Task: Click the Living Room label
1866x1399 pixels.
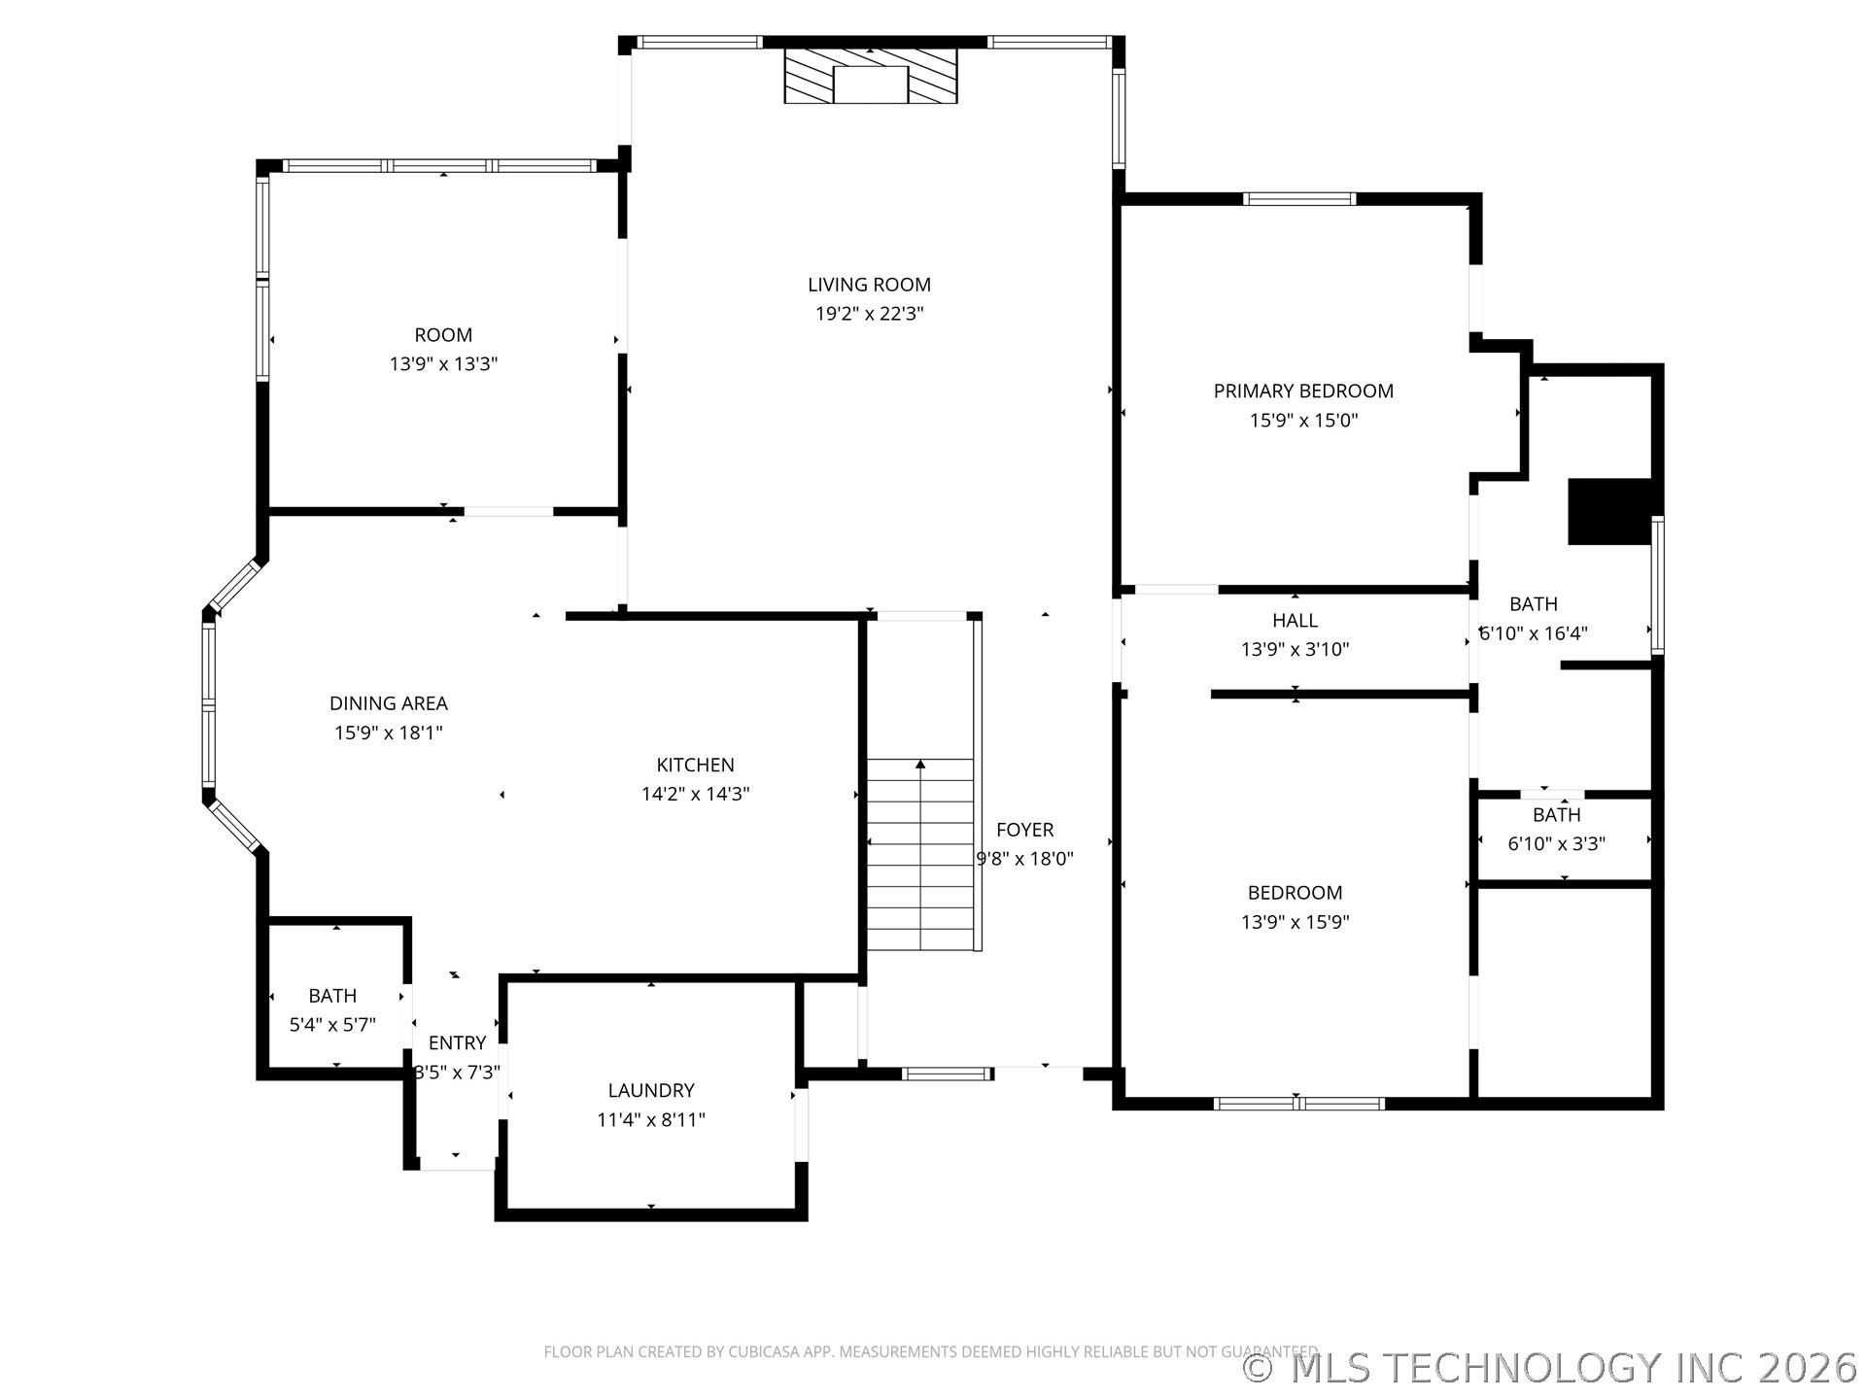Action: [869, 285]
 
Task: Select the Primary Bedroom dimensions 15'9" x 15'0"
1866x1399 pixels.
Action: [1303, 421]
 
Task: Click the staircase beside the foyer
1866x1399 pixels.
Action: [920, 855]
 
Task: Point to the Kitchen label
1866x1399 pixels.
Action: [695, 766]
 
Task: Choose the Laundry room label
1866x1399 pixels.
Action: [651, 1091]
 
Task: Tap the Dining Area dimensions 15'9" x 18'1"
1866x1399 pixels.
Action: [389, 733]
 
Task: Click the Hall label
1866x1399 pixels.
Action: [1295, 621]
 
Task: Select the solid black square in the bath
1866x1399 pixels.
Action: [1609, 511]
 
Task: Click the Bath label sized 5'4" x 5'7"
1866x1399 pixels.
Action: [332, 996]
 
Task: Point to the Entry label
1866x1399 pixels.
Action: [457, 1043]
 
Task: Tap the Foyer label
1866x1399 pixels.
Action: [1024, 830]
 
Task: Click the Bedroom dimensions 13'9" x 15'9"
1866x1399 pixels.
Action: [1295, 922]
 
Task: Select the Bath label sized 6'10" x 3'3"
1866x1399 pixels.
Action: [1556, 815]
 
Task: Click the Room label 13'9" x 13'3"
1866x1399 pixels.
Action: [443, 335]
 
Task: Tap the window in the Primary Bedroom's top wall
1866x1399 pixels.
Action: [1298, 199]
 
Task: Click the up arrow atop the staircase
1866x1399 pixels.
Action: [920, 766]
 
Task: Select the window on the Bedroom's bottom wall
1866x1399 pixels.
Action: [1298, 1103]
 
